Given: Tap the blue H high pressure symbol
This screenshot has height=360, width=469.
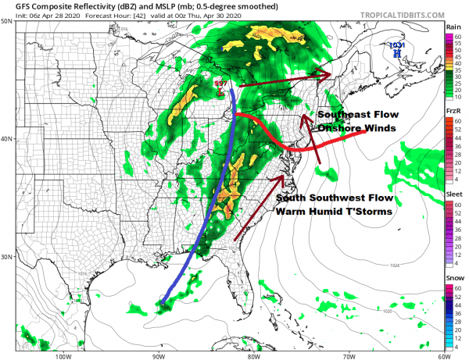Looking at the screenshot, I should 398,55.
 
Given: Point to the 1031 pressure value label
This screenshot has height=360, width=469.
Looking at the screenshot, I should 397,46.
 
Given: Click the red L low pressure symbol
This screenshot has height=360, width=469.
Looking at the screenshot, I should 220,91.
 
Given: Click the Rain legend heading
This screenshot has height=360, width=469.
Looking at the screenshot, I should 453,27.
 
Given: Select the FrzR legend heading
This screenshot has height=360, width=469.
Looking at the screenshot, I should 453,112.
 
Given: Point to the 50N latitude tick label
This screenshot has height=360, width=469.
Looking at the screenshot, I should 8,22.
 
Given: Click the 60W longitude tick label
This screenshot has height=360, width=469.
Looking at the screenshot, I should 442,355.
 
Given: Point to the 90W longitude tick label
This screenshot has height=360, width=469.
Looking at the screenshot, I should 159,355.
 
